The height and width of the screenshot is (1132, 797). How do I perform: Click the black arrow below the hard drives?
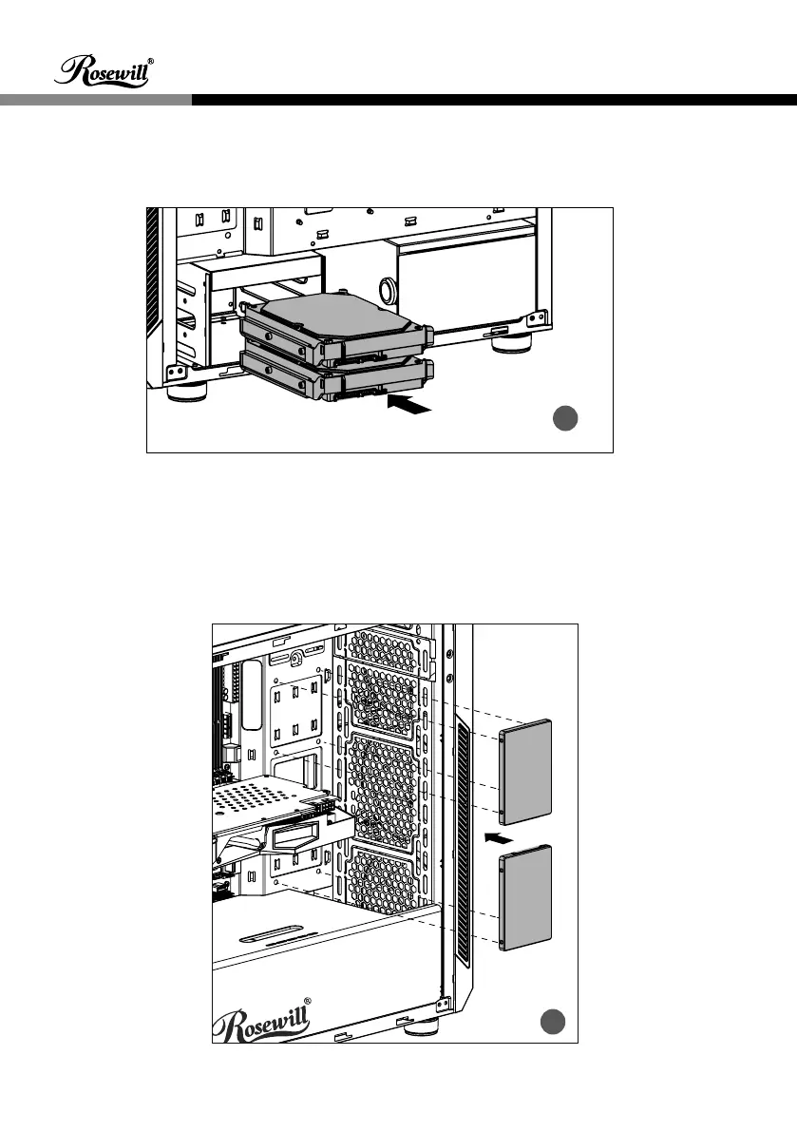point(409,406)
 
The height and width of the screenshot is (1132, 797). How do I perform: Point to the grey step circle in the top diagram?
point(567,419)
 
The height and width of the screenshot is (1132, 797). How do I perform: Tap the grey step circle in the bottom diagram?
point(554,1022)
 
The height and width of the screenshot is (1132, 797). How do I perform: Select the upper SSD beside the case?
point(524,772)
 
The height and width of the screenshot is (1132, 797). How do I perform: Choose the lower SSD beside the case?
point(524,896)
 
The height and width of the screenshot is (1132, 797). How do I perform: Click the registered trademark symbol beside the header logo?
point(151,61)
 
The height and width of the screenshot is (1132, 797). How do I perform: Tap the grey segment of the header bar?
point(95,99)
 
